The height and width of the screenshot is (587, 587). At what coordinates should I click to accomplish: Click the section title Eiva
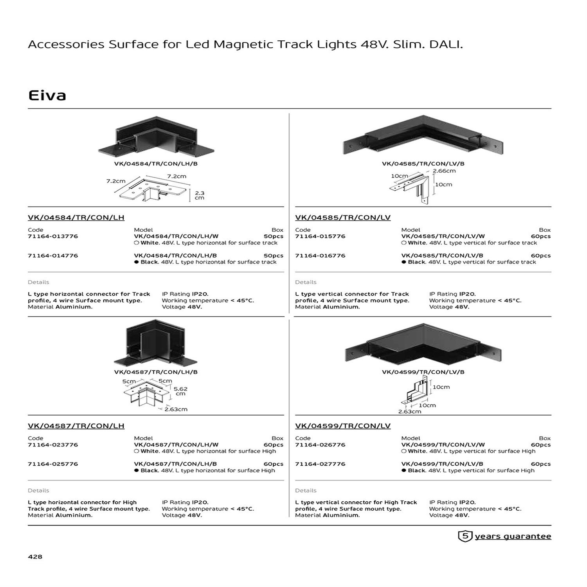[47, 95]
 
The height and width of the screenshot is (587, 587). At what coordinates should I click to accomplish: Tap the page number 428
[35, 556]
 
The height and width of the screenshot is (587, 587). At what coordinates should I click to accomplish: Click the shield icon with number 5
[465, 536]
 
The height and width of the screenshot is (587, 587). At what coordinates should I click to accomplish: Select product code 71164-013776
[53, 236]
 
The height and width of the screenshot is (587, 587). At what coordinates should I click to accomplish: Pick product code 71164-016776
[320, 256]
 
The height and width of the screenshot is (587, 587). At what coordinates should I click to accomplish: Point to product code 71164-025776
[53, 464]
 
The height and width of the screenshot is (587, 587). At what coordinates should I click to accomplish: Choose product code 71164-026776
[320, 445]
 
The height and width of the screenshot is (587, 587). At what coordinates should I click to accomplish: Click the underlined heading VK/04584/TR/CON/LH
[76, 218]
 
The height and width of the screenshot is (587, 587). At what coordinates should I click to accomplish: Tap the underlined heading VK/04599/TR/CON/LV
[343, 426]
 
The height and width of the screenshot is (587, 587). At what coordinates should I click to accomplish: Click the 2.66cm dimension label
[444, 171]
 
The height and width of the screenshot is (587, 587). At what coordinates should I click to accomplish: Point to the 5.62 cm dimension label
[180, 391]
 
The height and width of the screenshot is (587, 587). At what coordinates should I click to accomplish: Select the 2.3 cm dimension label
[200, 195]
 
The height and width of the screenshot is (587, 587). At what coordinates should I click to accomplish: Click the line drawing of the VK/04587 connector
[146, 395]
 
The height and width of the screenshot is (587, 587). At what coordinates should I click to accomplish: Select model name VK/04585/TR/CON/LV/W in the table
[443, 236]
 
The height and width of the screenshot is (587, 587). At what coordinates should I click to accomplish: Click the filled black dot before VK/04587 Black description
[137, 470]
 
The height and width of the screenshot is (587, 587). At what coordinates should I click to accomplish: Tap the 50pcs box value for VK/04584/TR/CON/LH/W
[274, 236]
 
